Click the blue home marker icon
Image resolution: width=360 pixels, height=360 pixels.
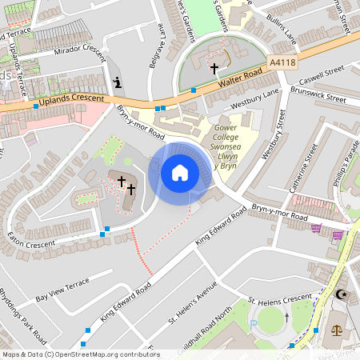pos(179,173)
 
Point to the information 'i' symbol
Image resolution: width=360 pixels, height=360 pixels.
pos(118,82)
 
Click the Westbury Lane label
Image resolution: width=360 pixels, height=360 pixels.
pos(254,104)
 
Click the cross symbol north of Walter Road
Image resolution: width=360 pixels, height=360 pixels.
pos(214,69)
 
